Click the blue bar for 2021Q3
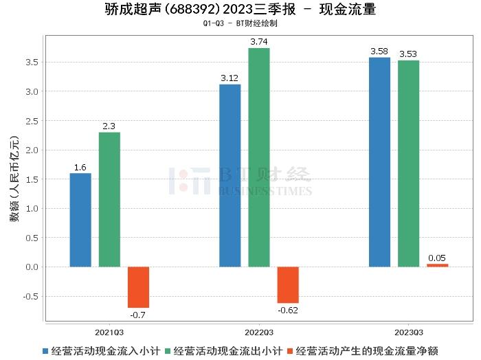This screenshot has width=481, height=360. coord(80,220)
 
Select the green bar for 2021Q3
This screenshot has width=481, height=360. coord(109,199)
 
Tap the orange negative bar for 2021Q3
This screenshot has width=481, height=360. coord(138,287)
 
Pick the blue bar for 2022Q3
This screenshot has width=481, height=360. coord(230,175)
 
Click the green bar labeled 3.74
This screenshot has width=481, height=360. coord(259,157)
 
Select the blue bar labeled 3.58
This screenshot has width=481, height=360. coord(379,162)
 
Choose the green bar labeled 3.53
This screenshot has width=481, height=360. coord(408,164)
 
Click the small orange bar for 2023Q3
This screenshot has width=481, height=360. coord(437,265)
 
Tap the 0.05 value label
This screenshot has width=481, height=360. coord(437,258)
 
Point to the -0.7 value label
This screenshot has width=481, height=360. coord(138,314)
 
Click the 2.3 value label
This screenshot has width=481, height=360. coord(109,126)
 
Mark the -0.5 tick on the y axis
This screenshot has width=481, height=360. coord(30,297)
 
